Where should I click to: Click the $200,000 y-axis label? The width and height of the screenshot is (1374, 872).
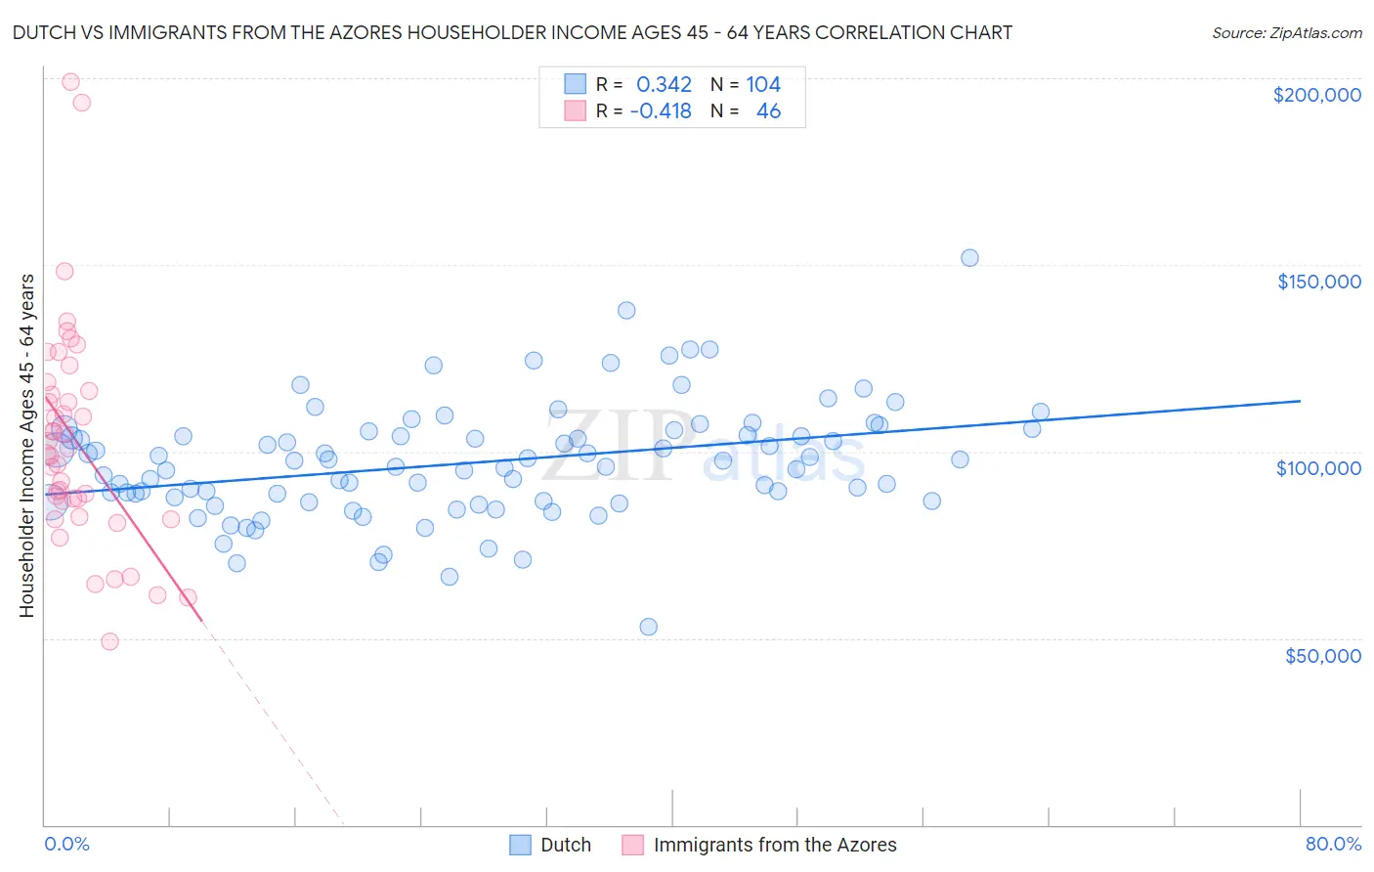(x=1316, y=95)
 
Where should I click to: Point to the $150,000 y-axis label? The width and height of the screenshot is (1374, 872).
(x=1318, y=282)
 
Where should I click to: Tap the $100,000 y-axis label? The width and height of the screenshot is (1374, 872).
(x=1318, y=468)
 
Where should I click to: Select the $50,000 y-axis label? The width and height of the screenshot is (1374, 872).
(x=1322, y=655)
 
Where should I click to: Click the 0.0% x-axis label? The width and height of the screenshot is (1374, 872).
(x=66, y=844)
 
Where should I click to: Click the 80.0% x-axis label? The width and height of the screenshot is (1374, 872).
(x=1333, y=844)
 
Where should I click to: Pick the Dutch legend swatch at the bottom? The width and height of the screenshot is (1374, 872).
(x=521, y=845)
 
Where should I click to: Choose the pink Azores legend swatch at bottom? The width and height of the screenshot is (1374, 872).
(x=633, y=845)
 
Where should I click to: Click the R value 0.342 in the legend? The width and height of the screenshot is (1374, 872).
(x=664, y=85)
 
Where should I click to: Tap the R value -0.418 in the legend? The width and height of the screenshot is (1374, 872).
(x=661, y=111)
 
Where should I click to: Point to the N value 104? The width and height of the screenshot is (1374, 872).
(x=763, y=85)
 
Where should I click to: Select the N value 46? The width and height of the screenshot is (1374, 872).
(x=768, y=111)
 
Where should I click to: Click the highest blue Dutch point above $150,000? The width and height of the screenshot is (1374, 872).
(x=969, y=258)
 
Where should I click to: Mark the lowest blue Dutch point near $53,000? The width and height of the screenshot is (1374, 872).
(x=648, y=627)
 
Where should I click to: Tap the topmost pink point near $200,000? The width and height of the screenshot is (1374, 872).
(x=70, y=82)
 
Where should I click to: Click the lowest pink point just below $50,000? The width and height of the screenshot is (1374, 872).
(x=109, y=641)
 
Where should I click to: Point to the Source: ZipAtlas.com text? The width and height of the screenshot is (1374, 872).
(x=1286, y=33)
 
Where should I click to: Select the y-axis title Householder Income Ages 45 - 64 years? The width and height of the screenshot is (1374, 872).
(x=27, y=445)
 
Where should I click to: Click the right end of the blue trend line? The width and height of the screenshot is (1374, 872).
(x=1300, y=401)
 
